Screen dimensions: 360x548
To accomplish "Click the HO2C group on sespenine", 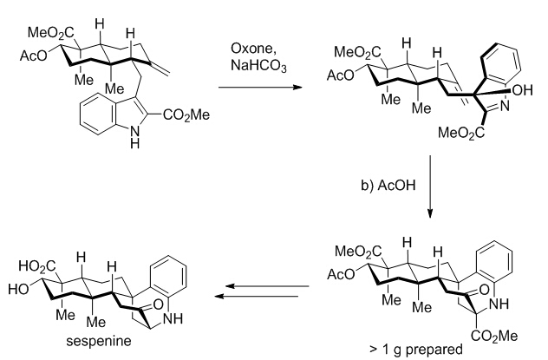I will pyautogui.click(x=34, y=257).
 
